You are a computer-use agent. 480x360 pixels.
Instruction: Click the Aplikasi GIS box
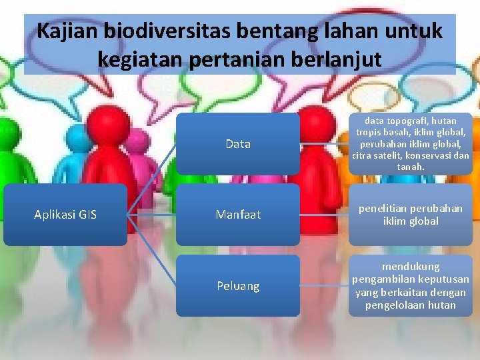[65, 215]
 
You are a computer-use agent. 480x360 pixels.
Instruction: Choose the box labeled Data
[238, 144]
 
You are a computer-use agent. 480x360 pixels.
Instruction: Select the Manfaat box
[238, 215]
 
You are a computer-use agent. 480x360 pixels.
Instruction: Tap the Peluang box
[238, 286]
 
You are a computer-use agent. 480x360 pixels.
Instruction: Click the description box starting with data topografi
[410, 144]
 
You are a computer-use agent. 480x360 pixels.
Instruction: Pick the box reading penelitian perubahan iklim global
[410, 215]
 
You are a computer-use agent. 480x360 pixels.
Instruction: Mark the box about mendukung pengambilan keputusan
[410, 286]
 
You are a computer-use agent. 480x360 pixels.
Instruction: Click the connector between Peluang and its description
[324, 286]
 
